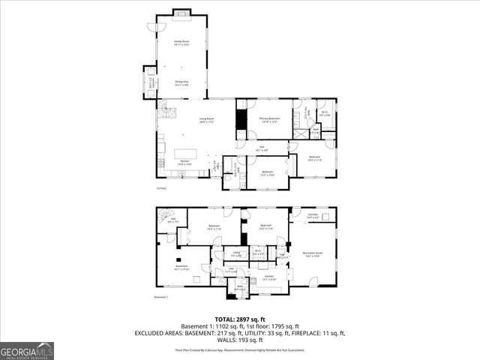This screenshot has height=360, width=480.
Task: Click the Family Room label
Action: [x=181, y=43]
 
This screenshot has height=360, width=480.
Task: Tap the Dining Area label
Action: [x=181, y=84]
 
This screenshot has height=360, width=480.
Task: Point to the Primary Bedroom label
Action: [x=270, y=119]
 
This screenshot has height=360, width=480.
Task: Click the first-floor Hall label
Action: [x=261, y=148]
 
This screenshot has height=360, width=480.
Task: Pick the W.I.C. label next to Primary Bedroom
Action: [x=325, y=114]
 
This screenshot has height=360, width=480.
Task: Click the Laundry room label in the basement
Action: [x=313, y=216]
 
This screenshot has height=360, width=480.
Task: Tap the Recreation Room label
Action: [x=313, y=253]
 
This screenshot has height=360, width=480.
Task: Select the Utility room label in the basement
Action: [x=236, y=254]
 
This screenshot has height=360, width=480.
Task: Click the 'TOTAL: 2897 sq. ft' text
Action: [x=239, y=319]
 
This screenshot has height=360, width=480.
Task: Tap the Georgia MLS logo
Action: [x=27, y=350]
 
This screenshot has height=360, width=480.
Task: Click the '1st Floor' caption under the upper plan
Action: [x=160, y=188]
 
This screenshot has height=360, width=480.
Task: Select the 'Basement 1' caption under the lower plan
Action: [x=161, y=297]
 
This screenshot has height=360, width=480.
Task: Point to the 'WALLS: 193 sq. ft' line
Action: [x=239, y=340]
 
